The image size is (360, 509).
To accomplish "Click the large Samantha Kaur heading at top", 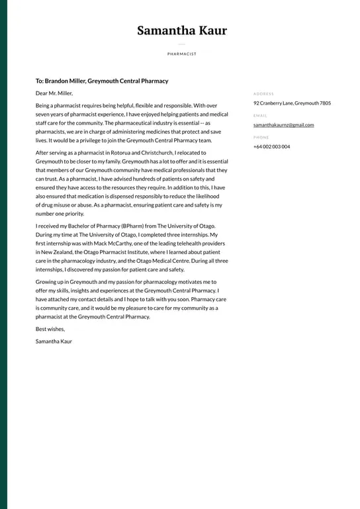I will pos(181,30).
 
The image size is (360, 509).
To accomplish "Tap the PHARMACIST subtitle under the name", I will pos(181,54).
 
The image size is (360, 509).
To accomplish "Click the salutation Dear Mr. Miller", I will pos(54,93).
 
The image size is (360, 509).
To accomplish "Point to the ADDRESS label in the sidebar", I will pos(263,94).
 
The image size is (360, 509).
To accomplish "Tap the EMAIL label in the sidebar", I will pos(259,116).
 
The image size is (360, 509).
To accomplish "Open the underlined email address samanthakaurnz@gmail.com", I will pos(283,125).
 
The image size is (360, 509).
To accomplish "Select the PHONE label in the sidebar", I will pos(261,138).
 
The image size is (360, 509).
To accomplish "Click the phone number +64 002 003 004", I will pos(271,146).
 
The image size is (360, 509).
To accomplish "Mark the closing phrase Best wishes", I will pos(50,329).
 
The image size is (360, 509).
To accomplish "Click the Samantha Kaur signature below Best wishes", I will pos(54,342).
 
